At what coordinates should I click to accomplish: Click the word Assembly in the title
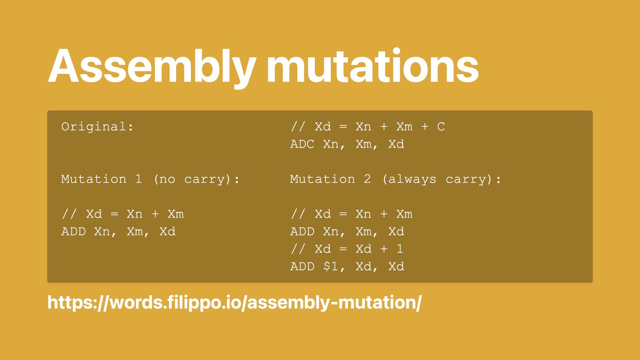pyautogui.click(x=152, y=68)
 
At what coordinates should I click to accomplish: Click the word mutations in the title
pyautogui.click(x=372, y=66)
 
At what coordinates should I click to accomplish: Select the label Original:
pyautogui.click(x=97, y=127)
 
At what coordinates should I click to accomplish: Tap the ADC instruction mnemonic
pyautogui.click(x=302, y=144)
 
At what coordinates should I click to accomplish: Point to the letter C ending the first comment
pyautogui.click(x=441, y=127)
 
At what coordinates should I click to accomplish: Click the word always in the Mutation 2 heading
pyautogui.click(x=412, y=180)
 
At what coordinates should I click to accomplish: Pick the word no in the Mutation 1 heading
pyautogui.click(x=167, y=180)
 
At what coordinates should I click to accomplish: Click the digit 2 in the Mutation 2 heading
pyautogui.click(x=367, y=179)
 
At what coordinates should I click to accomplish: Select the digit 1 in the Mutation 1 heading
pyautogui.click(x=139, y=179)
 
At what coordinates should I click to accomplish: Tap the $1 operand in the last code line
pyautogui.click(x=331, y=266)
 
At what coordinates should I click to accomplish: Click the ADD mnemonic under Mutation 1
pyautogui.click(x=74, y=231)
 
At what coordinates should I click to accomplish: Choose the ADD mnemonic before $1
pyautogui.click(x=302, y=266)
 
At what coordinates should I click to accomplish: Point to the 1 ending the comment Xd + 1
pyautogui.click(x=400, y=249)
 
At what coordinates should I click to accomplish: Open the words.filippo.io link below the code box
pyautogui.click(x=235, y=303)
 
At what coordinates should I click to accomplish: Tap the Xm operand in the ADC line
pyautogui.click(x=364, y=144)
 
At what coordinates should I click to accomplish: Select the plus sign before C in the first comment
pyautogui.click(x=425, y=127)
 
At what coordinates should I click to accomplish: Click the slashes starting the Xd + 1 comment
pyautogui.click(x=298, y=249)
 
